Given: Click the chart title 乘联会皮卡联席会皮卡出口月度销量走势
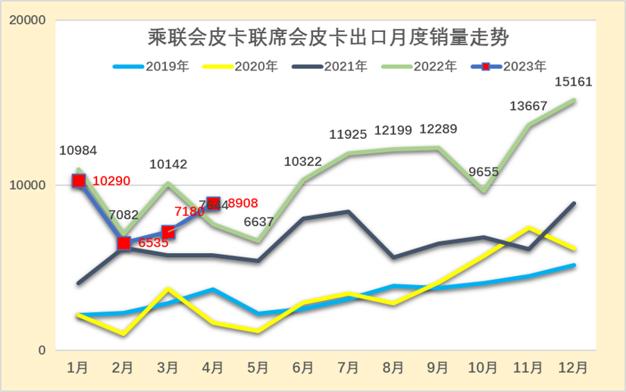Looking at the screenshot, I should (327, 36).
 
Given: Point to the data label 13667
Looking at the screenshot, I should (528, 106).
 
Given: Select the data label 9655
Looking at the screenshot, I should (483, 172).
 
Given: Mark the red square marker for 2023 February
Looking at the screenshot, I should (124, 243).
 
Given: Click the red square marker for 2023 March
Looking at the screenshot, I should (168, 232).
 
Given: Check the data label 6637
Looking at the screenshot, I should (258, 221).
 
